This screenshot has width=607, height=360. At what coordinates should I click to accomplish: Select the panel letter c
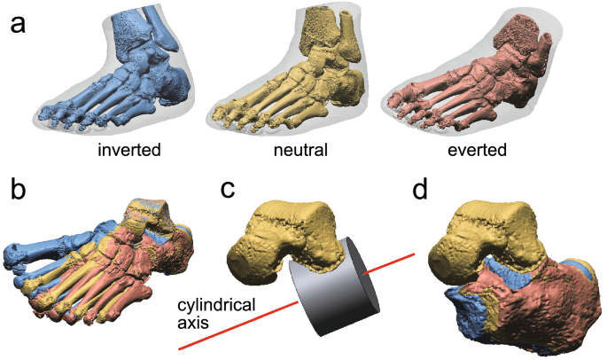pos(228,190)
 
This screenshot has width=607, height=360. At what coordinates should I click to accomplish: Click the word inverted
pos(129,150)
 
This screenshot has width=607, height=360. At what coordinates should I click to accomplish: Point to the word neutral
pos(301,150)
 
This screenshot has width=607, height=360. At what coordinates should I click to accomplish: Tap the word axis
pos(193,324)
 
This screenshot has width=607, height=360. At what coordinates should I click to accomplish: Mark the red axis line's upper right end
pos(413,255)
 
